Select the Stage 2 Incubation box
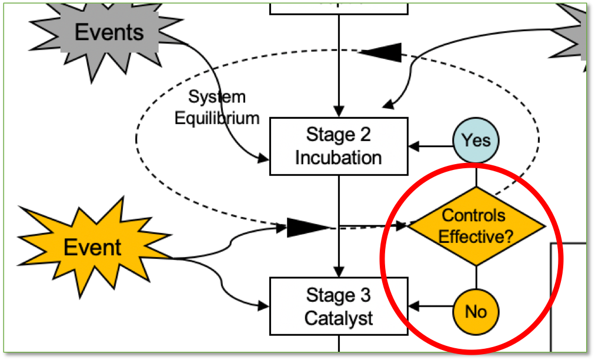[x=339, y=146]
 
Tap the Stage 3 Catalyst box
[x=339, y=306]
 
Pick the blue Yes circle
[x=476, y=141]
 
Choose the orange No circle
[x=476, y=311]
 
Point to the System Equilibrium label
[x=217, y=107]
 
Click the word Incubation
[x=339, y=157]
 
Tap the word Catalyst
[x=339, y=318]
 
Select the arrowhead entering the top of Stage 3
[x=339, y=272]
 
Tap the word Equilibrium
[x=217, y=118]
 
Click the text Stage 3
[x=339, y=295]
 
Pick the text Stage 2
[x=339, y=134]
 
